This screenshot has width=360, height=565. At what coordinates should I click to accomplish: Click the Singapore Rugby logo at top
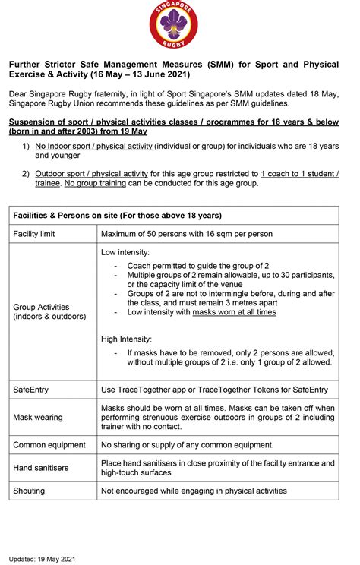(x=180, y=23)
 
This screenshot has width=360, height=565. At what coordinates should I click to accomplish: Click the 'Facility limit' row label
(x=36, y=234)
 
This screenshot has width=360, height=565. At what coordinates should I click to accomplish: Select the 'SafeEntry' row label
(x=31, y=390)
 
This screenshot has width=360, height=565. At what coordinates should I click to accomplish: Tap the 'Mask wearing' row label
(x=38, y=417)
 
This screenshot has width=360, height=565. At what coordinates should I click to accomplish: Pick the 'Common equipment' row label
(x=49, y=444)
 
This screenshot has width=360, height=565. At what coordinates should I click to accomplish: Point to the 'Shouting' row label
(x=29, y=491)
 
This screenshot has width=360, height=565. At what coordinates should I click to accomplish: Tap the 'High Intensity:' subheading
(x=127, y=339)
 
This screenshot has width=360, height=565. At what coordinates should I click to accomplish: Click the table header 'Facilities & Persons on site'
(x=118, y=216)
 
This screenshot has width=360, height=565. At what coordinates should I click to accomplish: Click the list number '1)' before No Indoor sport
(x=27, y=145)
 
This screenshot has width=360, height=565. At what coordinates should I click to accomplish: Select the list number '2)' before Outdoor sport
(x=27, y=174)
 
